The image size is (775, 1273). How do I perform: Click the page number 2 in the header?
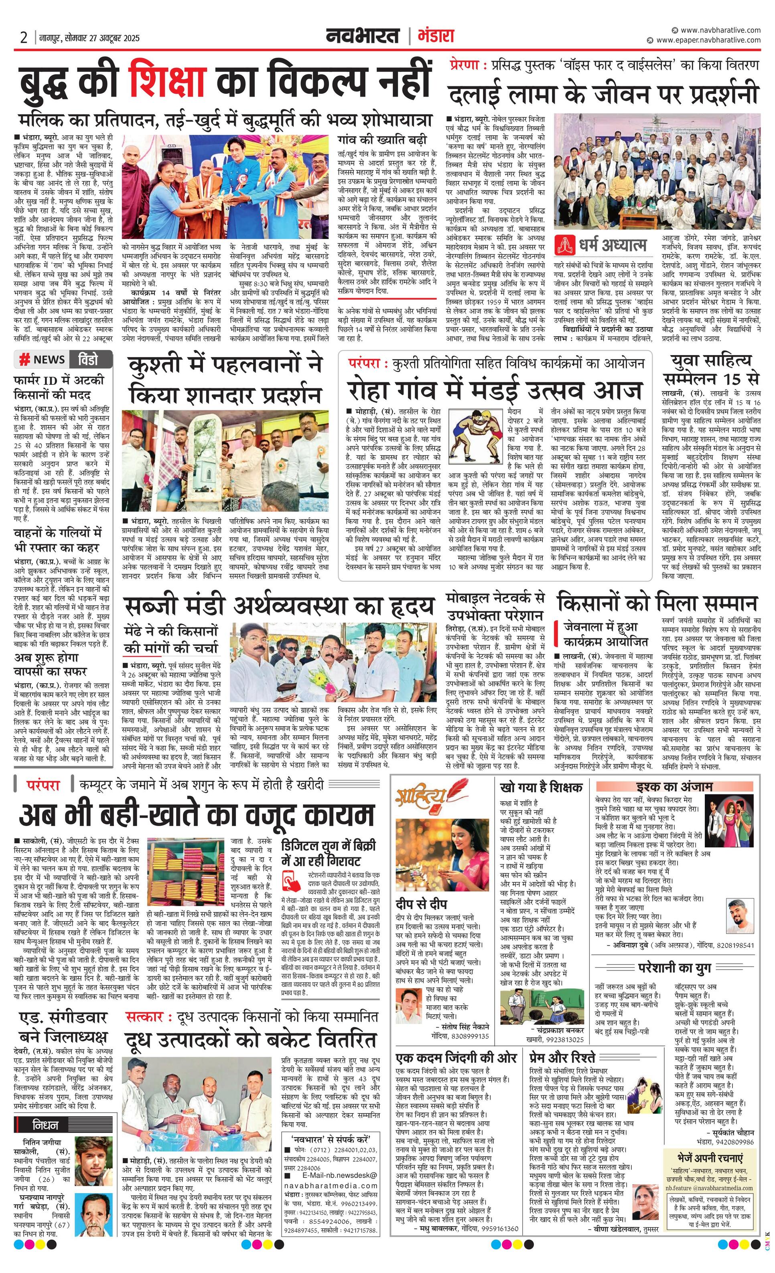click(x=24, y=38)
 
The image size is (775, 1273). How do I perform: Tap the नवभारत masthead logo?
click(x=363, y=36)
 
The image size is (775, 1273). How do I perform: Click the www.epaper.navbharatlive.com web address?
click(x=708, y=40)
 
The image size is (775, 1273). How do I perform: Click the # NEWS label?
click(x=42, y=359)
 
